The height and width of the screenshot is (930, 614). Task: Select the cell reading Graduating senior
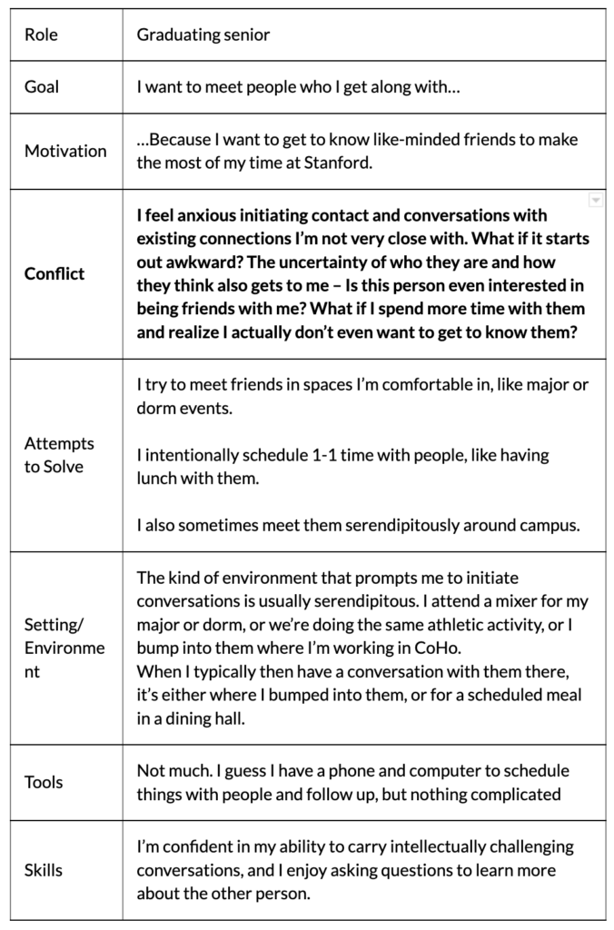(203, 35)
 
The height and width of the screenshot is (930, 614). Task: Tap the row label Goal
(42, 87)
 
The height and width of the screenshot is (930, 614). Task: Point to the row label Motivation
(65, 151)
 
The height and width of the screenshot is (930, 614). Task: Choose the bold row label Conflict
(54, 273)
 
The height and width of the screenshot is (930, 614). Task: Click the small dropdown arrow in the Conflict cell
(595, 199)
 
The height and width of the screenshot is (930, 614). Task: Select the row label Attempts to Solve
(59, 455)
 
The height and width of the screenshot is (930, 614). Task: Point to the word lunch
(158, 478)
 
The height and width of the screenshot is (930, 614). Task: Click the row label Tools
(44, 782)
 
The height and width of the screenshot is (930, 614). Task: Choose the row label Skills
(43, 869)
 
